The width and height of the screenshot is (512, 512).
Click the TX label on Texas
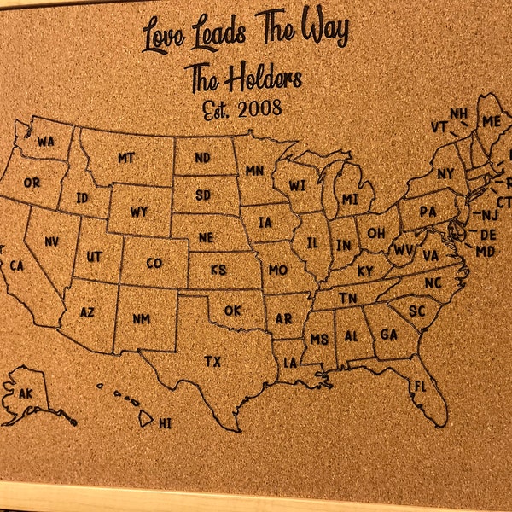(212, 362)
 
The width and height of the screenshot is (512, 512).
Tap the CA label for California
(16, 266)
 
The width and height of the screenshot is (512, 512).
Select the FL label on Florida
(420, 387)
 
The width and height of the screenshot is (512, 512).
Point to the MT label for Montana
(126, 158)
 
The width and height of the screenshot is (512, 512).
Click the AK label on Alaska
(25, 393)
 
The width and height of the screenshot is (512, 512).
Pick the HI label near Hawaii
(166, 422)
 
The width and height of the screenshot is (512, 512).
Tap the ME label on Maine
(492, 121)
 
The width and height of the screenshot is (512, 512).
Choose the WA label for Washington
(45, 141)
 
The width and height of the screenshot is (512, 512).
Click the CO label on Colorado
(154, 263)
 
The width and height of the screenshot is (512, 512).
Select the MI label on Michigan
(350, 200)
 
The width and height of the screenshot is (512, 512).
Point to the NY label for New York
(445, 174)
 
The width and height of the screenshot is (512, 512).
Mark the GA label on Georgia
(387, 334)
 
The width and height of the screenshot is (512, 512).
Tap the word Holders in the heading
(264, 80)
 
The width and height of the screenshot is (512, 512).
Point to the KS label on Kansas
(218, 270)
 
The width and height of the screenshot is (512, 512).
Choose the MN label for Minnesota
(254, 171)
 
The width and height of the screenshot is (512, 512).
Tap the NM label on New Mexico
(141, 319)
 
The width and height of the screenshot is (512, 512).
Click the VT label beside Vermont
(439, 126)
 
